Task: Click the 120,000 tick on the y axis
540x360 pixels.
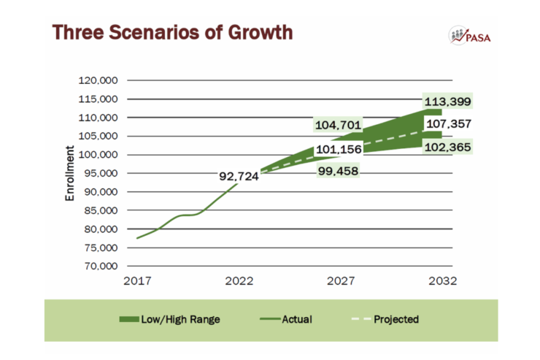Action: (99, 80)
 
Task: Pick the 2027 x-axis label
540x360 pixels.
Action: (341, 281)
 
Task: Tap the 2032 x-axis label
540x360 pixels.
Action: (443, 281)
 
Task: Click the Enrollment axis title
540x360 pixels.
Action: (71, 173)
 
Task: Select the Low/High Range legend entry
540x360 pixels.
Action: (169, 319)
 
